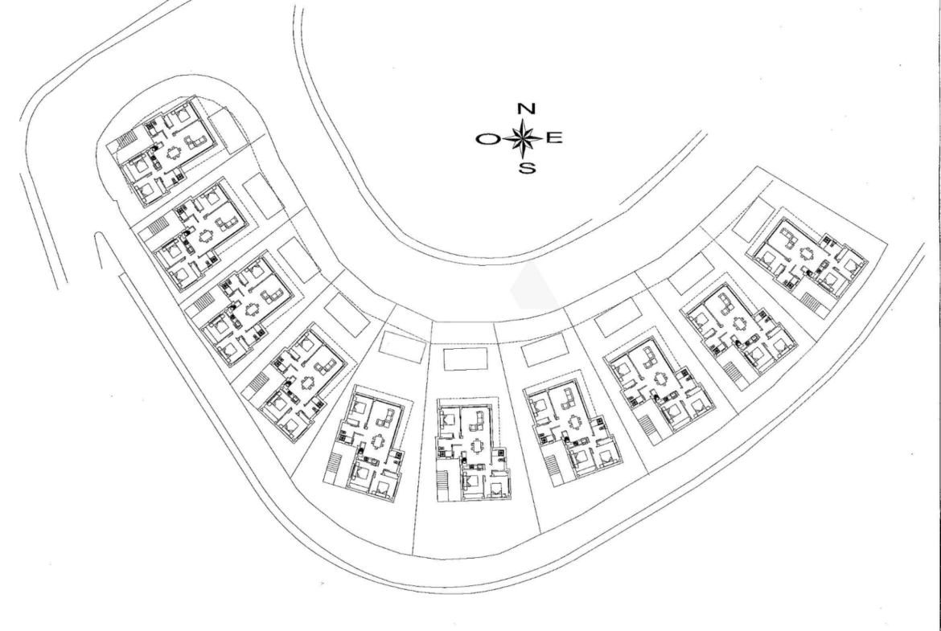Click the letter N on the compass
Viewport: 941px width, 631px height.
[x=526, y=109]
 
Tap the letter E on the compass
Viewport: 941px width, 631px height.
[x=554, y=138]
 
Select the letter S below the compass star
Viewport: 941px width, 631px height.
[x=526, y=168]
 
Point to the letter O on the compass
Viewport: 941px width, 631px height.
[x=487, y=139]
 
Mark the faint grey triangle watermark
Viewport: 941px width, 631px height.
[x=533, y=286]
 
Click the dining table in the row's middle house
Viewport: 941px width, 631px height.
[x=477, y=447]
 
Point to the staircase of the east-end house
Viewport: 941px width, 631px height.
[x=812, y=302]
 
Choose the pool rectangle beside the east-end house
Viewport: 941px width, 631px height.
[x=754, y=220]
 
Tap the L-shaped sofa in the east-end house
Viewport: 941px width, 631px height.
[x=788, y=236]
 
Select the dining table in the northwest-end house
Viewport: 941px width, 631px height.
[x=174, y=153]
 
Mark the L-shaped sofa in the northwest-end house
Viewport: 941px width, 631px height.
[x=195, y=142]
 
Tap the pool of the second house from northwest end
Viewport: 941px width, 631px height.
[x=264, y=195]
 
